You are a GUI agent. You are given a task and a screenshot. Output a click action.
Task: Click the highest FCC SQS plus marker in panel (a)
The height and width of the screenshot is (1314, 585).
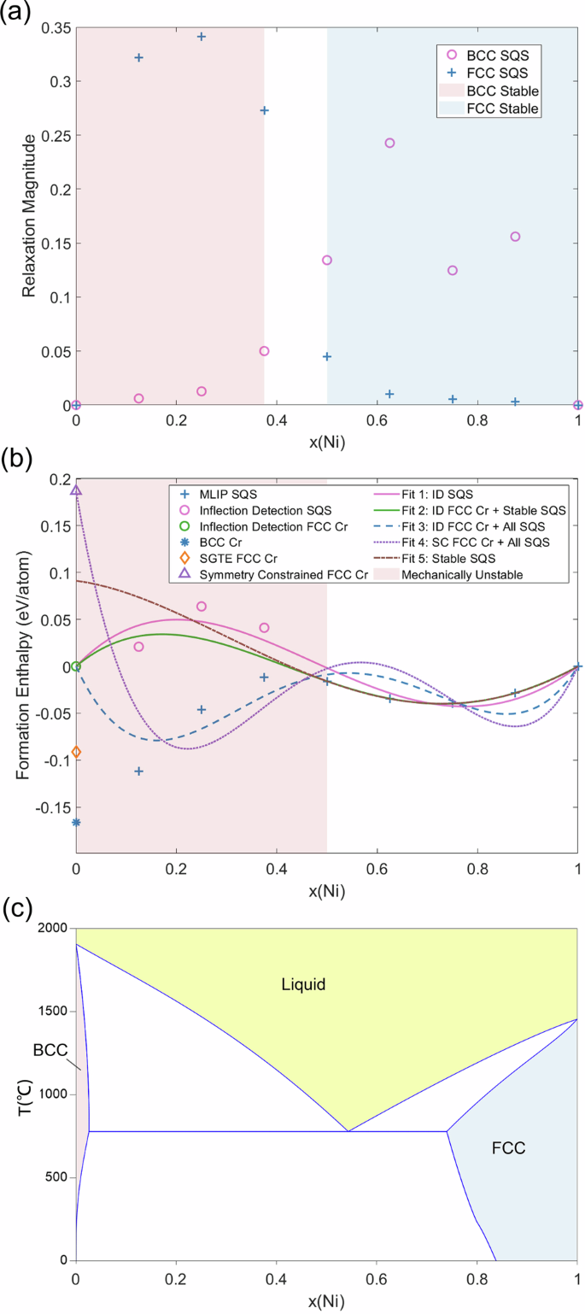[x=202, y=37]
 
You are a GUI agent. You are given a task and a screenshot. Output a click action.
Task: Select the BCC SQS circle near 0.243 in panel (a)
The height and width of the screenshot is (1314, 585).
[x=389, y=144]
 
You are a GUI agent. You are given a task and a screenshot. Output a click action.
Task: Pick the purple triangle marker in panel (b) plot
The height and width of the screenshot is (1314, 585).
[x=77, y=490]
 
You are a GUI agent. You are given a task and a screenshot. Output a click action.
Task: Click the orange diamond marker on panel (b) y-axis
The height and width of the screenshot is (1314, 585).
[x=77, y=752]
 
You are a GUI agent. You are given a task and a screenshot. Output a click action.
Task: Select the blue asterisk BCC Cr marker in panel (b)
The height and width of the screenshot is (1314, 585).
[x=77, y=823]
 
